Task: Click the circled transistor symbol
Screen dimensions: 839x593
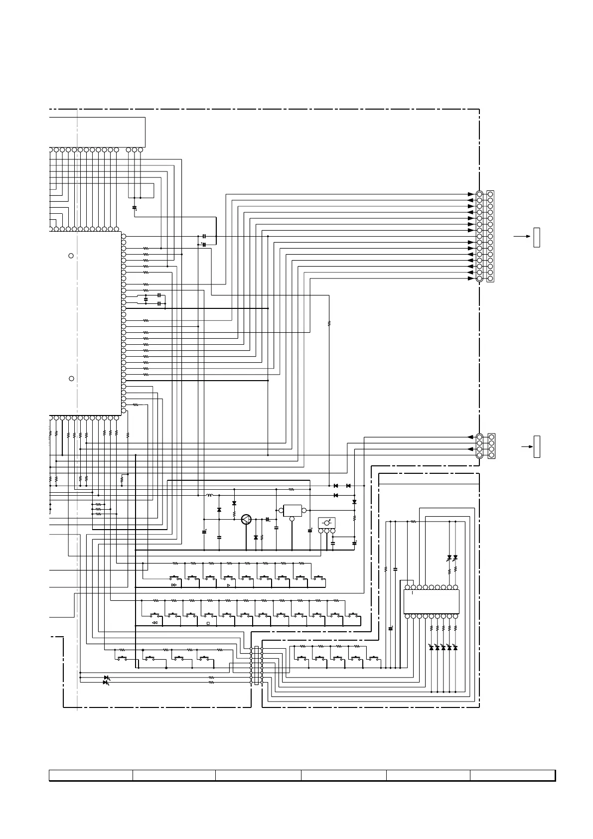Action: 246,519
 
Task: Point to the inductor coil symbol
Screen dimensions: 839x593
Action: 210,495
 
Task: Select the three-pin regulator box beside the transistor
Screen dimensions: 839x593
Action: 293,511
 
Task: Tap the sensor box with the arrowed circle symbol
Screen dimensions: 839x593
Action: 327,523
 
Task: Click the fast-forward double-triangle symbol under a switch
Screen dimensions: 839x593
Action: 174,585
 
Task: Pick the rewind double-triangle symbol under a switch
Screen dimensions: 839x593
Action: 154,623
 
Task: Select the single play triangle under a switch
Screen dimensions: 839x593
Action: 228,585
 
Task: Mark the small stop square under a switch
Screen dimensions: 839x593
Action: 208,623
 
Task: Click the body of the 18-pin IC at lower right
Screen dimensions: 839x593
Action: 431,602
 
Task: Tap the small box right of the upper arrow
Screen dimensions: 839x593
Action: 537,237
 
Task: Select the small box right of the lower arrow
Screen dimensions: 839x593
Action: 537,446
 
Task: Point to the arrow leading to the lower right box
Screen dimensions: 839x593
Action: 527,447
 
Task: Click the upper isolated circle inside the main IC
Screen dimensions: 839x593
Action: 71,256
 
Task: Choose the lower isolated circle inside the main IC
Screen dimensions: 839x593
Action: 71,379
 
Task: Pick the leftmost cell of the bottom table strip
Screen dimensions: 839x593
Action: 91,775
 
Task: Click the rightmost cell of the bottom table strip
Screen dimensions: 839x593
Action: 512,775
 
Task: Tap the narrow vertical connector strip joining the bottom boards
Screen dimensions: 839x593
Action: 256,665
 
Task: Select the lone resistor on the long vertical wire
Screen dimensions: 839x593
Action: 329,324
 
